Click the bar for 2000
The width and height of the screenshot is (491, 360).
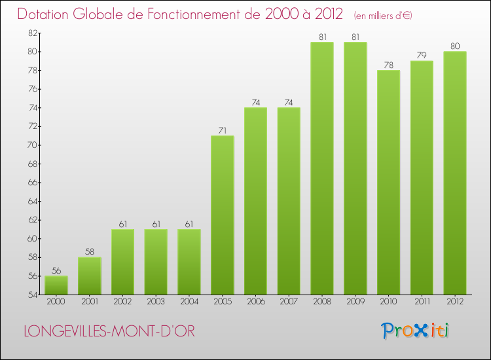pyautogui.click(x=56, y=285)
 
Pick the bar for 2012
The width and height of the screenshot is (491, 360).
pyautogui.click(x=455, y=173)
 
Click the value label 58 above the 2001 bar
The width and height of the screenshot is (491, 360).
pyautogui.click(x=90, y=252)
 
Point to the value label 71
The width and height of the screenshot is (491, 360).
pyautogui.click(x=223, y=130)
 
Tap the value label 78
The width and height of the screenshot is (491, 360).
pyautogui.click(x=388, y=65)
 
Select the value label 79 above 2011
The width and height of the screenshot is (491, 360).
pyautogui.click(x=422, y=56)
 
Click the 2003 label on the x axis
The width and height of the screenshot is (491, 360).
pyautogui.click(x=156, y=302)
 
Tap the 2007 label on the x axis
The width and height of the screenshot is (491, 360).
pyautogui.click(x=289, y=302)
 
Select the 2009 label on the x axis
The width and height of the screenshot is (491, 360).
pyautogui.click(x=355, y=302)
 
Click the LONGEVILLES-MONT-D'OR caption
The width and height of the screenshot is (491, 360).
pyautogui.click(x=109, y=331)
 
